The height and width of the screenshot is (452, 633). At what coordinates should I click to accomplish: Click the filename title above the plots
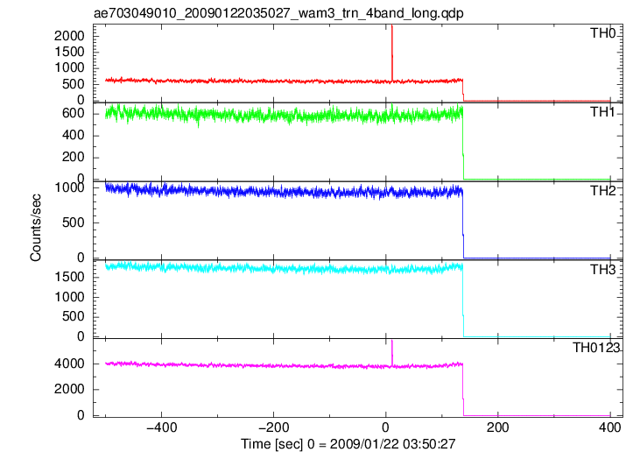click(x=278, y=13)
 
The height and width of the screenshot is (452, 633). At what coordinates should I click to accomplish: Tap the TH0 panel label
click(x=603, y=33)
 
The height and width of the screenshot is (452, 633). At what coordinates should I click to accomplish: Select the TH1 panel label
click(x=603, y=112)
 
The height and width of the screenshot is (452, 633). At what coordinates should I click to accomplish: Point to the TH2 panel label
click(x=603, y=191)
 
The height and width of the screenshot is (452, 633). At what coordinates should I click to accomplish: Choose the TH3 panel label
click(x=603, y=270)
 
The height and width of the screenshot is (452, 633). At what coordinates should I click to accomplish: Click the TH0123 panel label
click(x=596, y=348)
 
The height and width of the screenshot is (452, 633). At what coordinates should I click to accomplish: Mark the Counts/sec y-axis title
click(x=36, y=228)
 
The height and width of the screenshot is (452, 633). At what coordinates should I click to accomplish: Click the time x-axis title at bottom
click(x=348, y=444)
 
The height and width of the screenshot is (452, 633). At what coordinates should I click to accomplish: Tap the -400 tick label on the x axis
click(x=161, y=427)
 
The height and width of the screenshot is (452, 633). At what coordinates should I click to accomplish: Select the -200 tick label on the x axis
click(x=274, y=427)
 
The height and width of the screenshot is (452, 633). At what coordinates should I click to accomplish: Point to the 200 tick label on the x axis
click(x=498, y=427)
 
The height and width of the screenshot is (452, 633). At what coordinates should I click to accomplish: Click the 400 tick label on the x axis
click(x=610, y=427)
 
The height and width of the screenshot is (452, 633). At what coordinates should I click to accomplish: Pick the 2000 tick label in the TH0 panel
click(x=69, y=36)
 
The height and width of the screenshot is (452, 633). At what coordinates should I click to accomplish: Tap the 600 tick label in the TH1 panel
click(x=73, y=114)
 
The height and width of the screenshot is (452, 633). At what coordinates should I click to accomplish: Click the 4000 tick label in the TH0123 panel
click(x=69, y=364)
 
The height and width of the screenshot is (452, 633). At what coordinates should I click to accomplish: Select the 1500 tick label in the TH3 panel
click(x=69, y=277)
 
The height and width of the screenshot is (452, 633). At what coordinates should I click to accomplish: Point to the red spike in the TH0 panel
click(x=392, y=53)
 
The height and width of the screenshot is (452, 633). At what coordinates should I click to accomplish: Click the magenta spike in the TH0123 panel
click(x=392, y=353)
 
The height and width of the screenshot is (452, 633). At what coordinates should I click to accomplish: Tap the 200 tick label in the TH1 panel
click(x=73, y=157)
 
